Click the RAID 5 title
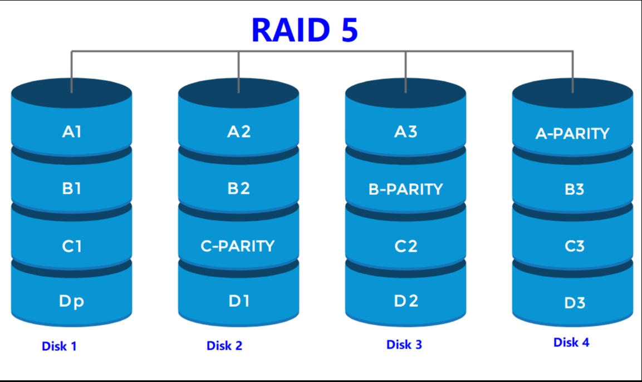point(305,30)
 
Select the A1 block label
point(72,132)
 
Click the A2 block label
point(239,132)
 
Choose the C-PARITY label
point(237,246)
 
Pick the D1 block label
point(239,301)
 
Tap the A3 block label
point(406,132)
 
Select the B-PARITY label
point(406,189)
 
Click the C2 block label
point(406,246)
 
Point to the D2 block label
point(406,301)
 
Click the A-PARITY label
point(572,134)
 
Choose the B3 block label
point(575,189)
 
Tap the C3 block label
point(575,246)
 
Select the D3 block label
point(575,303)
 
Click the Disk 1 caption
point(59,346)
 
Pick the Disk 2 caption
point(224,346)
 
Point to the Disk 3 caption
point(404,345)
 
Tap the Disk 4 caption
point(571,342)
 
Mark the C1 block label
point(72,246)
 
